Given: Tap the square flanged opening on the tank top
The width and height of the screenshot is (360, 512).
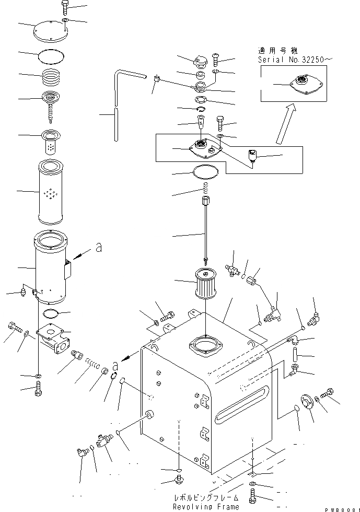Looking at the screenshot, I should click(x=206, y=348).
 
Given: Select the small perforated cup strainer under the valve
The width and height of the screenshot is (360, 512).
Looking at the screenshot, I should click(x=52, y=142).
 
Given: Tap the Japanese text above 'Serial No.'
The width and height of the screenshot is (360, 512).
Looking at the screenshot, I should click(x=277, y=51).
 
